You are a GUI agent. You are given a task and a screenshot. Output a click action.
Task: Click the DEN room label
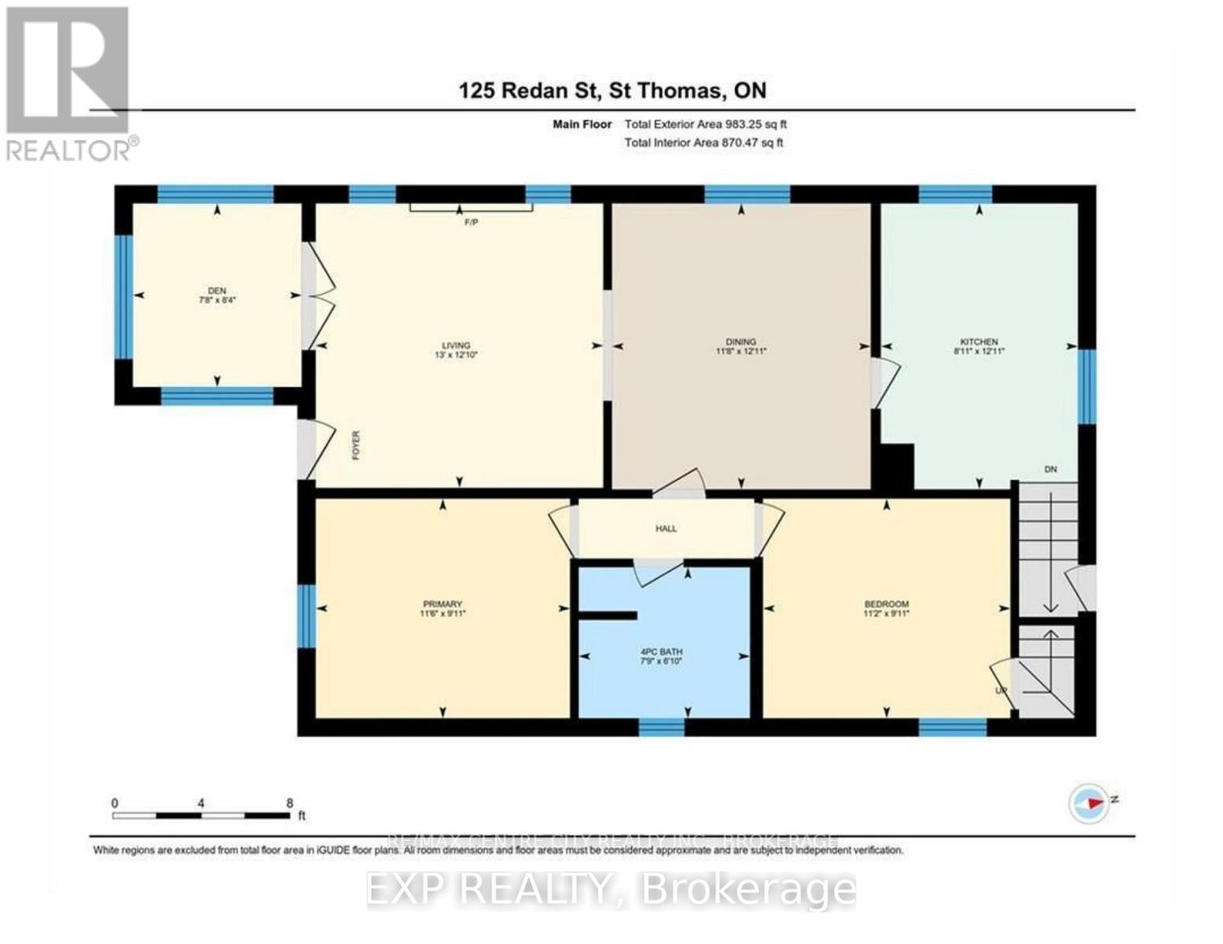[216, 290]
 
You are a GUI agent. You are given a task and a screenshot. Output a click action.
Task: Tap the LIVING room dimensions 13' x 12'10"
[456, 355]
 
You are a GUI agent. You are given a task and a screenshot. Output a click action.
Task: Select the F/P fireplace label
[471, 223]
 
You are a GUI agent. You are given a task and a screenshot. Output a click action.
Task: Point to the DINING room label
[741, 341]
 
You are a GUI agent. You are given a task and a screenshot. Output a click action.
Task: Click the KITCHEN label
[978, 341]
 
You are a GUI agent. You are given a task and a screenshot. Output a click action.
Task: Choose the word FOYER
[356, 444]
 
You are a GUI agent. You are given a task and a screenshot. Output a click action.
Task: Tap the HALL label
[666, 529]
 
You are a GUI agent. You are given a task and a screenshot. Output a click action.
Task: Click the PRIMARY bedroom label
[442, 604]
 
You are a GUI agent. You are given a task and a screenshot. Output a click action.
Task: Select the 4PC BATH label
[661, 651]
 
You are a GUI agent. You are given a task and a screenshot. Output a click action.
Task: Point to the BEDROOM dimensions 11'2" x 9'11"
[886, 614]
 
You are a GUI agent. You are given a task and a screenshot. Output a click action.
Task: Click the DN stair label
[1050, 470]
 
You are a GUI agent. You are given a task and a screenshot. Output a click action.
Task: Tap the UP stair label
[1001, 691]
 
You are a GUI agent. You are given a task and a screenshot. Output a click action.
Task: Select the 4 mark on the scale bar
[201, 803]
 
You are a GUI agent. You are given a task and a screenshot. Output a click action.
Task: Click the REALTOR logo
[68, 82]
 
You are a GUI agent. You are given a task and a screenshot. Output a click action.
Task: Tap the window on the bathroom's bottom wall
[661, 727]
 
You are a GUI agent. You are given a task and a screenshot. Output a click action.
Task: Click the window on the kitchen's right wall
[1086, 385]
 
